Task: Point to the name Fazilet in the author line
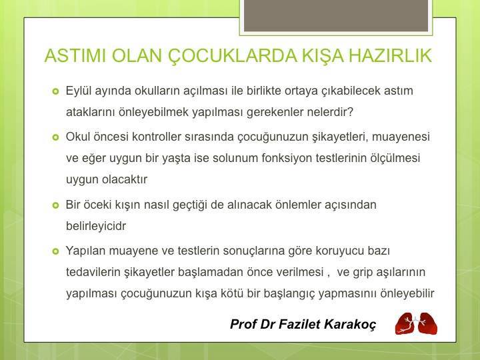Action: [293, 324]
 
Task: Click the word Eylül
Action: [79, 91]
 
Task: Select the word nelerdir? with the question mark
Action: [329, 111]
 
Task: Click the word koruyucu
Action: [339, 251]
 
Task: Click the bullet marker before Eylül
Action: [56, 91]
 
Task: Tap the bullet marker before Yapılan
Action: [56, 251]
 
